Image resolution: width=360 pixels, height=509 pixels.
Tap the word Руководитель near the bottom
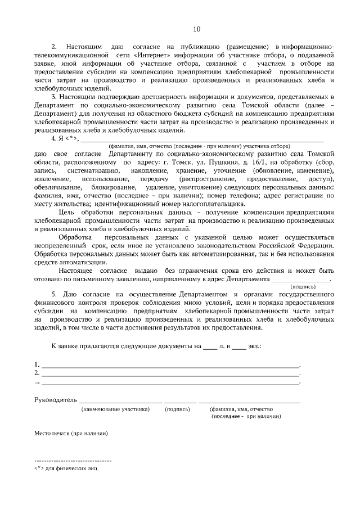tap(55, 400)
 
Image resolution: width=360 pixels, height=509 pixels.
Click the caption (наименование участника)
tap(115, 409)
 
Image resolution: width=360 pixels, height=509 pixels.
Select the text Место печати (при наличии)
tap(70, 434)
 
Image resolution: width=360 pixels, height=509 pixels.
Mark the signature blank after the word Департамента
tap(300, 278)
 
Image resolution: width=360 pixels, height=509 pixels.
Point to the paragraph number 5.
tap(54, 295)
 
